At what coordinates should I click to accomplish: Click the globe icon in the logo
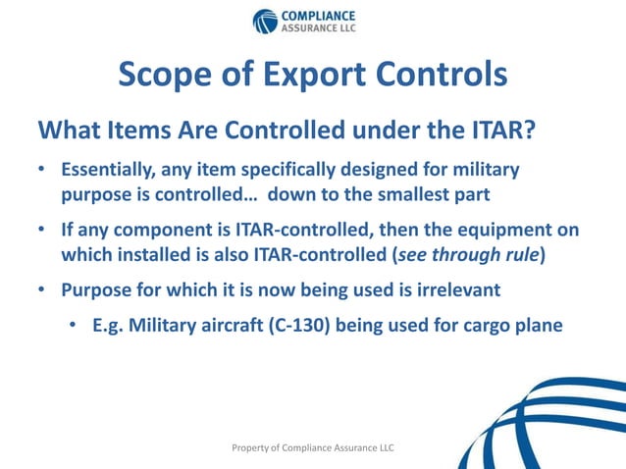tap(265, 21)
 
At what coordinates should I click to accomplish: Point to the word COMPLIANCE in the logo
tap(319, 15)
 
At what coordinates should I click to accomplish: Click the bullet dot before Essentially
tap(43, 171)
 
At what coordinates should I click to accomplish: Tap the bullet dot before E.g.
tap(75, 326)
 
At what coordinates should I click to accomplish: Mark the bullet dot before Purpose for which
tap(43, 290)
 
